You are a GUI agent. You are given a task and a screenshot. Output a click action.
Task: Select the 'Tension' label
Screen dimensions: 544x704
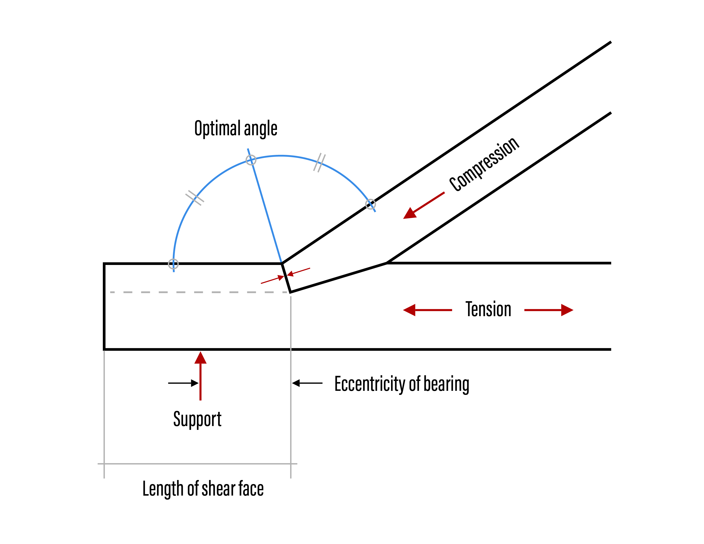tap(488, 309)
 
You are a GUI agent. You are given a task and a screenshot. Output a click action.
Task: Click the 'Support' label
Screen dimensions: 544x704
tap(197, 419)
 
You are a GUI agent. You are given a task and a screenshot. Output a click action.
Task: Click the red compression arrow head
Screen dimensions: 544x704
tap(410, 213)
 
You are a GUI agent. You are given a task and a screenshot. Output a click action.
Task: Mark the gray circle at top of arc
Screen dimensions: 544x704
tap(251, 160)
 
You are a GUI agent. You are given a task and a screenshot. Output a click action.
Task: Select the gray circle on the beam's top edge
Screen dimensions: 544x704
tap(173, 264)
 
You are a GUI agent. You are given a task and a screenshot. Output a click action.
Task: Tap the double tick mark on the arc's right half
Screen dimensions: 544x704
tap(319, 163)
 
